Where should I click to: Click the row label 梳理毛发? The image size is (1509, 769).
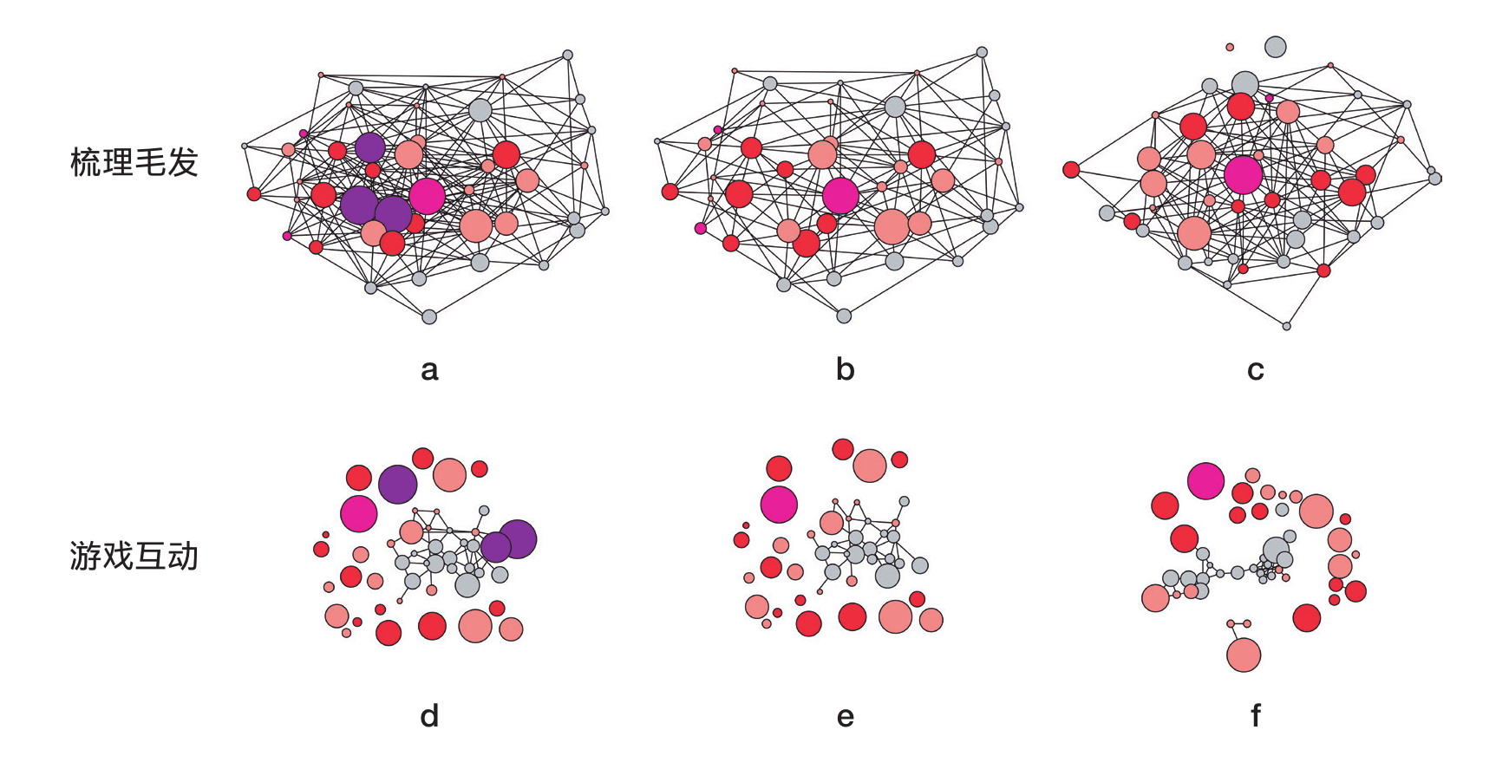[x=134, y=162]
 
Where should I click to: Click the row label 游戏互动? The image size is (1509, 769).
[x=134, y=556]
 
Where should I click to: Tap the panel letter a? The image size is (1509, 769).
[x=429, y=370]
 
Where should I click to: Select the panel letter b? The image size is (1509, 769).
[x=845, y=370]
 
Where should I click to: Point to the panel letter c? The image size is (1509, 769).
[x=1255, y=371]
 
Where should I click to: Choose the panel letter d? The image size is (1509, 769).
[x=429, y=715]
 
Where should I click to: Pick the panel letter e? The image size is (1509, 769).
[x=845, y=717]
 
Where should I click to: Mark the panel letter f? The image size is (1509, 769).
[x=1255, y=715]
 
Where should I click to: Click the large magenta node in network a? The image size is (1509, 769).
[x=427, y=196]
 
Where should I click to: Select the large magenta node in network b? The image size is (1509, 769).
[x=839, y=195]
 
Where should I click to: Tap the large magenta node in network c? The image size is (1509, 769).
[x=1244, y=175]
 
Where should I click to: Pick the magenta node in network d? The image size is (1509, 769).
[x=358, y=513]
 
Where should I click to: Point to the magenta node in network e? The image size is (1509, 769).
[x=779, y=504]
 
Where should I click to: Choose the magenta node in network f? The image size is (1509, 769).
[x=1205, y=481]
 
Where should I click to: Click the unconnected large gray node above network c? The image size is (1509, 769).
[x=1275, y=47]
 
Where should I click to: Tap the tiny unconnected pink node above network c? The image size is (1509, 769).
[x=1230, y=47]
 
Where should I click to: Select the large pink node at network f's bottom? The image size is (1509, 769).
[x=1244, y=655]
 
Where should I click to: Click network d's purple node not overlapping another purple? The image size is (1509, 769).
[x=398, y=484]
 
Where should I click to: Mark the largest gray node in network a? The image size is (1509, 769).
[x=480, y=110]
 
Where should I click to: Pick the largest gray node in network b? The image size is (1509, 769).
[x=895, y=107]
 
